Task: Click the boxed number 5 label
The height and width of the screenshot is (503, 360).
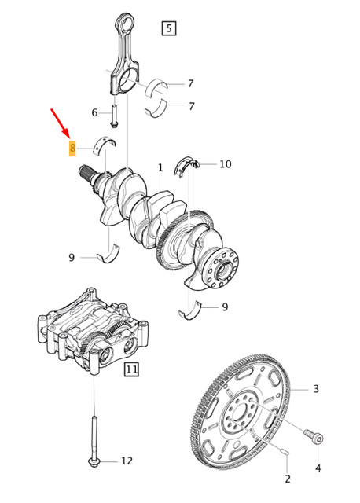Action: [168, 29]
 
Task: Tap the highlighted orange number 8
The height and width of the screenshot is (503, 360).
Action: [72, 148]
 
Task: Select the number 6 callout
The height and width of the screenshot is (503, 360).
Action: [94, 113]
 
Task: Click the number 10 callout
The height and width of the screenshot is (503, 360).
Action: [225, 164]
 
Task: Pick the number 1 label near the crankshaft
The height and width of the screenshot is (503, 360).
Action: [160, 168]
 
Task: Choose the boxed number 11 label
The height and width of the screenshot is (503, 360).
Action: [131, 368]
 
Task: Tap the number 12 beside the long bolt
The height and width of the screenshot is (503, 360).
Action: [127, 461]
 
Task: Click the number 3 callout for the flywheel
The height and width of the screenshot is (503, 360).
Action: [316, 389]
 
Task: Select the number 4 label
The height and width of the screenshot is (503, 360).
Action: [318, 468]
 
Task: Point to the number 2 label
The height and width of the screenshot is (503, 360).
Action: [288, 479]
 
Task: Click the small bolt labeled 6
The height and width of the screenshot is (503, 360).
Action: [114, 116]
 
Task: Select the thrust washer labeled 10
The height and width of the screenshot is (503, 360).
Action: [189, 165]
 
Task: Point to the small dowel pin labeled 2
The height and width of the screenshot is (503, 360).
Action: [285, 452]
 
